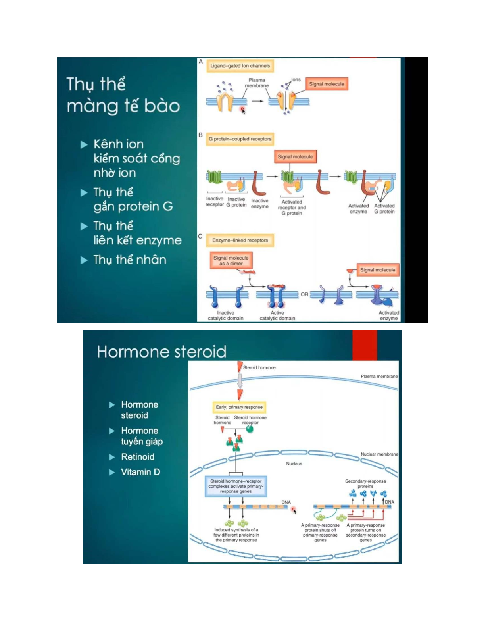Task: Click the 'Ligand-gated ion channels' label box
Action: pyautogui.click(x=240, y=66)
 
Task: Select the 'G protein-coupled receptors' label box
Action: pyautogui.click(x=240, y=139)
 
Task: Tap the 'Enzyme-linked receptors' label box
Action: pyautogui.click(x=240, y=240)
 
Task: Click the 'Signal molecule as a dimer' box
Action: pyautogui.click(x=231, y=261)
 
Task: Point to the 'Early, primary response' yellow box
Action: pyautogui.click(x=239, y=407)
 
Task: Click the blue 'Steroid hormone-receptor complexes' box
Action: pyautogui.click(x=236, y=486)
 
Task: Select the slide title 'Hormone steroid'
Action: pyautogui.click(x=161, y=352)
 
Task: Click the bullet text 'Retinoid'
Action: pyautogui.click(x=138, y=457)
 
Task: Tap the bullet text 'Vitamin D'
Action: pyautogui.click(x=140, y=472)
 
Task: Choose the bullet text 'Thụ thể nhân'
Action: pyautogui.click(x=130, y=260)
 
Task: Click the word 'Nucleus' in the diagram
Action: pyautogui.click(x=294, y=464)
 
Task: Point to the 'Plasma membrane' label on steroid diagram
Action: pyautogui.click(x=379, y=376)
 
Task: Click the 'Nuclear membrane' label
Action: pyautogui.click(x=379, y=454)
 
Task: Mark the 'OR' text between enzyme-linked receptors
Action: pyautogui.click(x=304, y=294)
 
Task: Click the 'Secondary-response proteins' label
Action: pyautogui.click(x=365, y=483)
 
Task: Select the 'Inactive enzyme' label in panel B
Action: pyautogui.click(x=259, y=204)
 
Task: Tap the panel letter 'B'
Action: pyautogui.click(x=201, y=135)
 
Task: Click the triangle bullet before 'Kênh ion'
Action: pyautogui.click(x=84, y=145)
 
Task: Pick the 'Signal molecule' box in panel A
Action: pyautogui.click(x=327, y=84)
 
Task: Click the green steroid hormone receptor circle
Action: pyautogui.click(x=250, y=429)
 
